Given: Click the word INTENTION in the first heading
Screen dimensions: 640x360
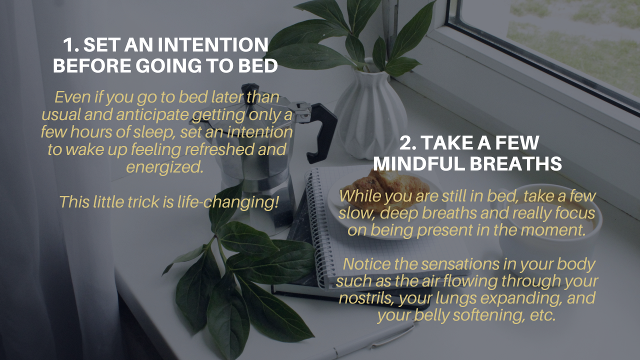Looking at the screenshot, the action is [213, 45].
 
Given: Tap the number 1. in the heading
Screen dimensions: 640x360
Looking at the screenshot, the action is [71, 45].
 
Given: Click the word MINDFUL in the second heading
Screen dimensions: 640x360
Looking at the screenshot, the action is [419, 163].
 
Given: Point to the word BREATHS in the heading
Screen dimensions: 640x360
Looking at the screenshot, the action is [515, 163].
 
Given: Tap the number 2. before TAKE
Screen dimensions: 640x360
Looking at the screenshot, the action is [408, 142].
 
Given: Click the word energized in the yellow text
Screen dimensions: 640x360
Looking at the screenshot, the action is [165, 167].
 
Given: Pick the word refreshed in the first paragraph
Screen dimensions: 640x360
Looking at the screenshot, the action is [219, 149].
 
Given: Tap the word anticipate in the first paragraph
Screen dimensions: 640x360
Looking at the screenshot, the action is [152, 115].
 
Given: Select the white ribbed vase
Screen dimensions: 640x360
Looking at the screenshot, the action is [370, 114].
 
